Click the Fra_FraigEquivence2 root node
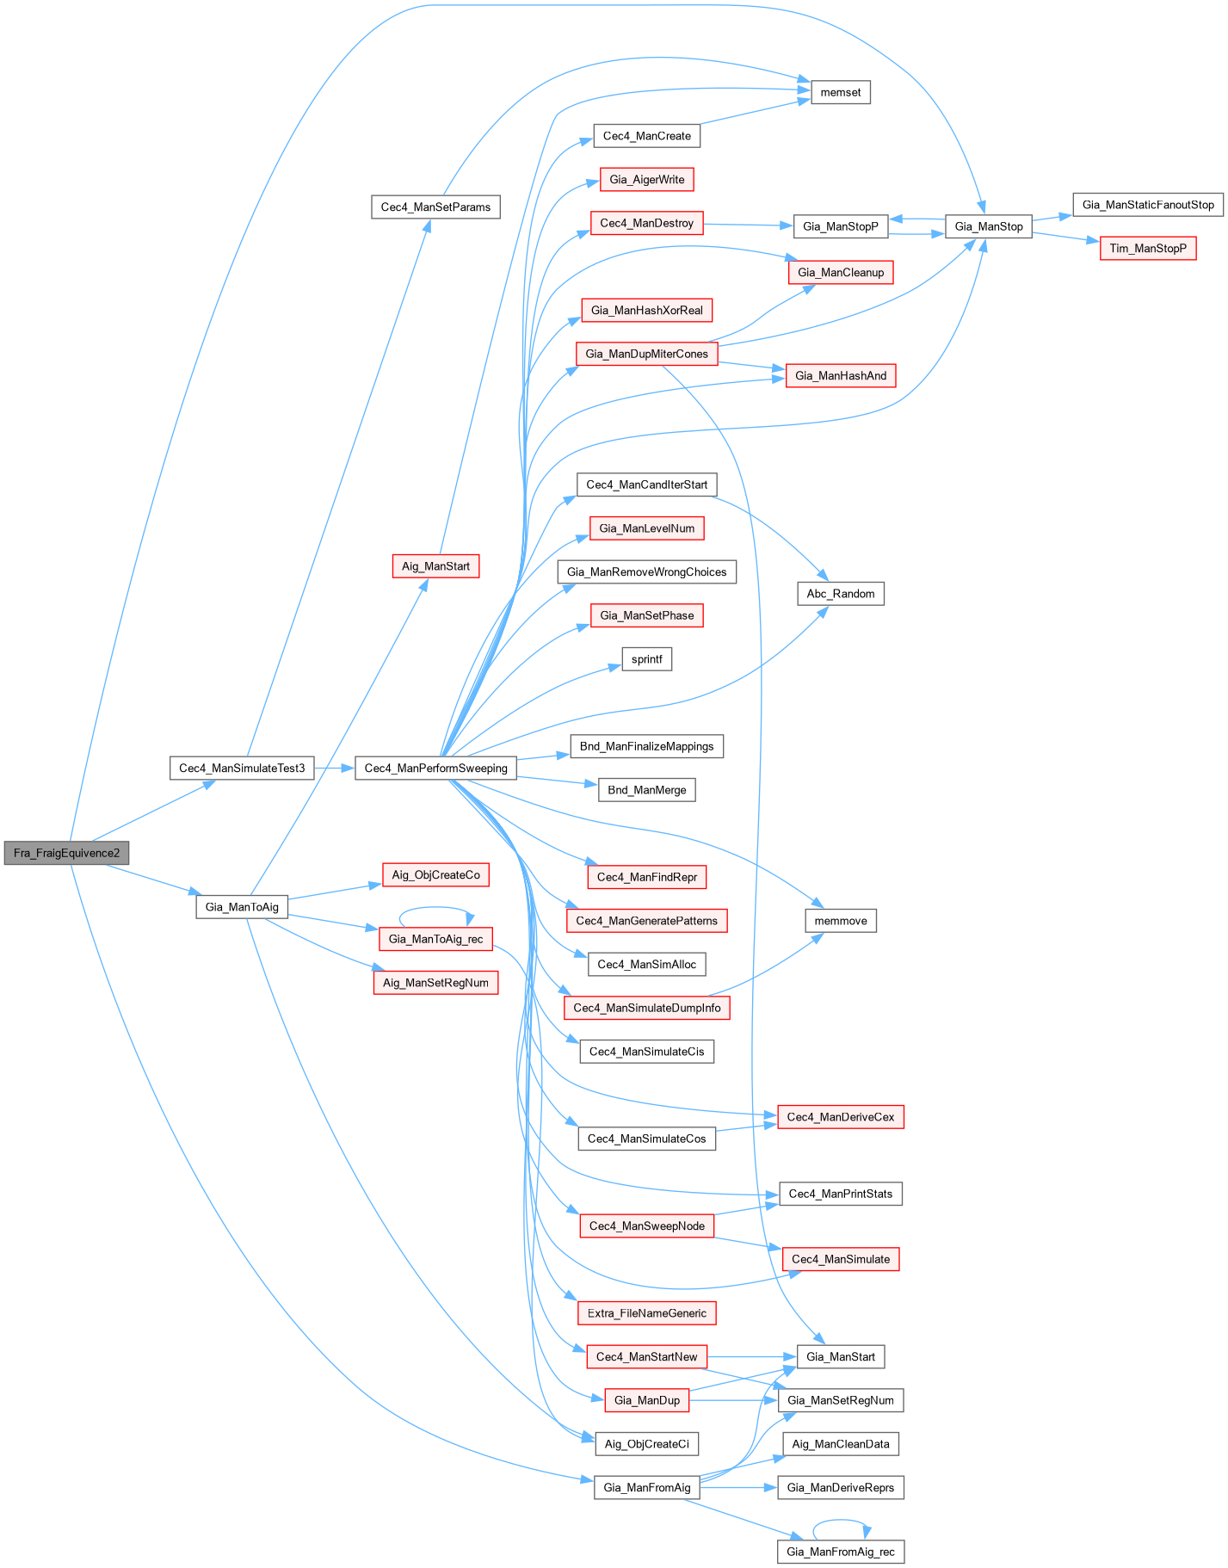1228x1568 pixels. pyautogui.click(x=66, y=853)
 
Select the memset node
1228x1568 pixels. pyautogui.click(x=840, y=92)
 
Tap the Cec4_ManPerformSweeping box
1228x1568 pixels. pyautogui.click(x=435, y=768)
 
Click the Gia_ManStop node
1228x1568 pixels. pyautogui.click(x=988, y=226)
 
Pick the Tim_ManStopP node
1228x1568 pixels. pyautogui.click(x=1147, y=248)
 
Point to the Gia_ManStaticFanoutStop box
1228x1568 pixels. pyautogui.click(x=1147, y=205)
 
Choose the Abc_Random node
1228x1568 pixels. pyautogui.click(x=840, y=593)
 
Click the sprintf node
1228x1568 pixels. pyautogui.click(x=646, y=659)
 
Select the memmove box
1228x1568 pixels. pyautogui.click(x=840, y=921)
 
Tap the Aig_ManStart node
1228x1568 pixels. pyautogui.click(x=435, y=566)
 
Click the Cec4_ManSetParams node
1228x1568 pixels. pyautogui.click(x=435, y=207)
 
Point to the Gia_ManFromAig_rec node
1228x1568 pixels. pyautogui.click(x=840, y=1552)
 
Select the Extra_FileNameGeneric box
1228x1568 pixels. pyautogui.click(x=646, y=1312)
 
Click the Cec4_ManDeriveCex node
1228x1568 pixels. pyautogui.click(x=840, y=1116)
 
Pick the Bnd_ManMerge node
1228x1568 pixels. pyautogui.click(x=646, y=789)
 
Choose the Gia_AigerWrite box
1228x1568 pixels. pyautogui.click(x=646, y=179)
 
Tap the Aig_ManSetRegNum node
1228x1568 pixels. pyautogui.click(x=435, y=982)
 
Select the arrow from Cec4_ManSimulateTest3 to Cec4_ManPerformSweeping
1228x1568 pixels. pyautogui.click(x=335, y=768)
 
